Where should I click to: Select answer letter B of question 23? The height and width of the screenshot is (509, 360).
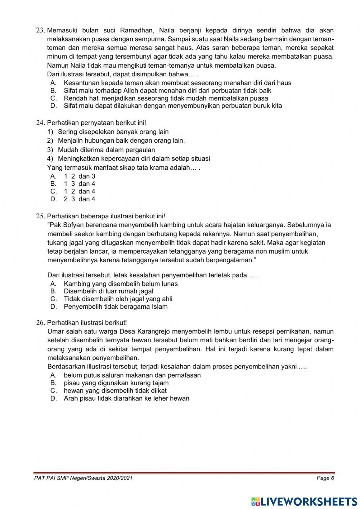(x=53, y=90)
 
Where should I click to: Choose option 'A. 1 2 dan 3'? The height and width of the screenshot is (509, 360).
(x=73, y=176)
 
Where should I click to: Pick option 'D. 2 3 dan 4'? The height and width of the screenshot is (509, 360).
(x=73, y=199)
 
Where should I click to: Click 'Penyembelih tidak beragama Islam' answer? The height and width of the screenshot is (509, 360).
(x=116, y=307)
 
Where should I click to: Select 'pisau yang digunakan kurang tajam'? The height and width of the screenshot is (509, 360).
(x=116, y=383)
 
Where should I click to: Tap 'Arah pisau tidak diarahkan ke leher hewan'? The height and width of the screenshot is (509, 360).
(x=126, y=398)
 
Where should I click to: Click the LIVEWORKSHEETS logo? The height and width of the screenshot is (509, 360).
(x=304, y=501)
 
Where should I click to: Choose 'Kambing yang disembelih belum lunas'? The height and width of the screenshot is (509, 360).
(x=121, y=283)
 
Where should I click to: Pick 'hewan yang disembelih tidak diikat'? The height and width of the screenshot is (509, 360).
(x=115, y=390)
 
